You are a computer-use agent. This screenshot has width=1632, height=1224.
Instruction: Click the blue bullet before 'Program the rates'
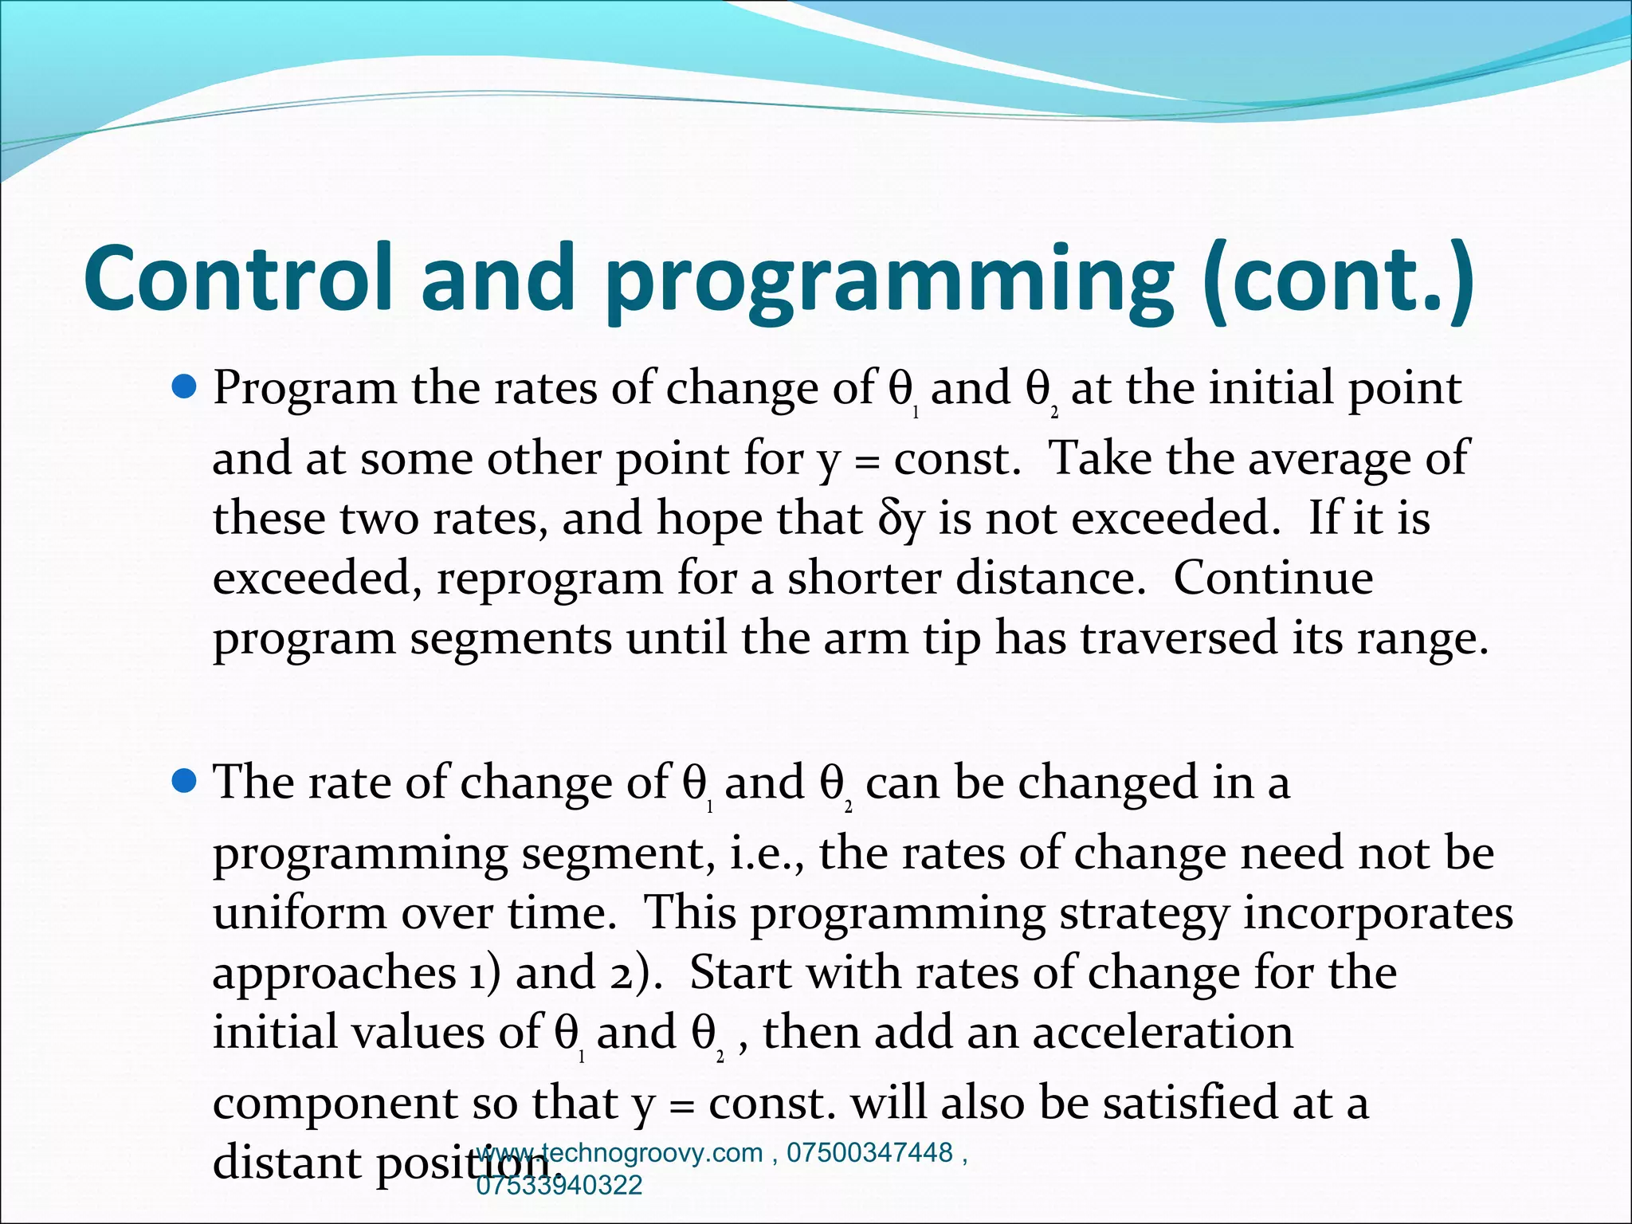184,388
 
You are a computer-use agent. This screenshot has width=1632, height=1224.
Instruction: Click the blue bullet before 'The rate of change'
184,782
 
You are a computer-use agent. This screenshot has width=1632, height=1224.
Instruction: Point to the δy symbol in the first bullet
901,519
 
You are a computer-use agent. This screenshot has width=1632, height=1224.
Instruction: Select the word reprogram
549,579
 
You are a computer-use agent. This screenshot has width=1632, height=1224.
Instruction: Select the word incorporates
1378,912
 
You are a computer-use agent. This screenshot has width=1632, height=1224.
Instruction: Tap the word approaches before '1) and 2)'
334,973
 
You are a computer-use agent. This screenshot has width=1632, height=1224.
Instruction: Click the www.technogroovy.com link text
620,1153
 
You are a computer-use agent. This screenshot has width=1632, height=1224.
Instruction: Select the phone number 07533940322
559,1185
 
